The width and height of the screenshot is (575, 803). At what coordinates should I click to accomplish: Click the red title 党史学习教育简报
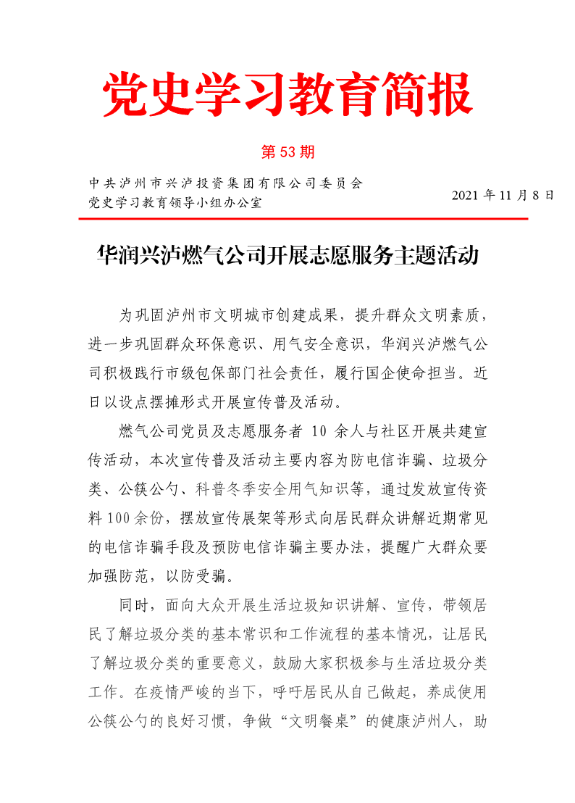coord(287,95)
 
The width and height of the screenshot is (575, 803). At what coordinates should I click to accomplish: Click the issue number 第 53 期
coord(287,152)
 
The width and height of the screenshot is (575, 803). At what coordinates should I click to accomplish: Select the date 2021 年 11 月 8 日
coord(502,196)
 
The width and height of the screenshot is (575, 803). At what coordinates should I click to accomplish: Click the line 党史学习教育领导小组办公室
coord(175,202)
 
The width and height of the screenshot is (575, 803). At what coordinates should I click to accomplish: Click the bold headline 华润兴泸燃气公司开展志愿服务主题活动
coord(287,256)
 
